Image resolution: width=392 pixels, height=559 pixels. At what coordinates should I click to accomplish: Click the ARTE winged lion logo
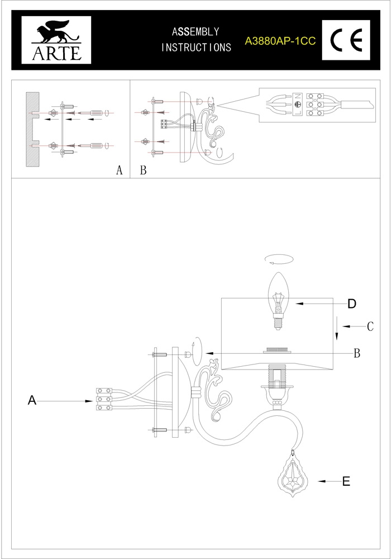coord(56,40)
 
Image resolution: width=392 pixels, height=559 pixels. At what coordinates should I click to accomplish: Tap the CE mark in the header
coord(346,40)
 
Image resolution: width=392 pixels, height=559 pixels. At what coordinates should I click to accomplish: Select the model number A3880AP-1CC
coord(280,41)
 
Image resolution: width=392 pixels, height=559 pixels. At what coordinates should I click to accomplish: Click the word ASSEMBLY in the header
coord(195,32)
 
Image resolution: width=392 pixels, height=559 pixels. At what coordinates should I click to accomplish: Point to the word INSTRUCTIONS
coord(196,48)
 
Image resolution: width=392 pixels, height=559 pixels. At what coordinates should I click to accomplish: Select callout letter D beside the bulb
coord(352,304)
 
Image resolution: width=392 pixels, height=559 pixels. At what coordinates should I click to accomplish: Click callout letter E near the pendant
coord(346,481)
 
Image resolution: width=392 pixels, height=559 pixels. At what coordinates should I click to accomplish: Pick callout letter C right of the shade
coord(370,326)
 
